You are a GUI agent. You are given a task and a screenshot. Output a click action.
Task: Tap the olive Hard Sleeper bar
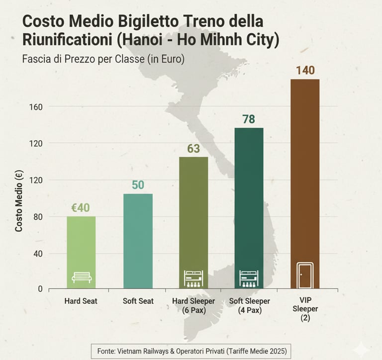[x=193, y=219]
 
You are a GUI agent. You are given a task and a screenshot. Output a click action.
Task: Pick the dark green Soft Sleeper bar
[x=249, y=204]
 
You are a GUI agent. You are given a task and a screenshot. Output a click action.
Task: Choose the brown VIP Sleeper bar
[x=305, y=174]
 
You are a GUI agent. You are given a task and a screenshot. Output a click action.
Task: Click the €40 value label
[x=81, y=208]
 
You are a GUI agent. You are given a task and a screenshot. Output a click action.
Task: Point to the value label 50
[x=138, y=185]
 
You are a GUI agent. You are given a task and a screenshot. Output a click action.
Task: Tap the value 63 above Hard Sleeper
[x=193, y=149]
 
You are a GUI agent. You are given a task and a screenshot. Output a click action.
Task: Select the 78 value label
[x=249, y=119]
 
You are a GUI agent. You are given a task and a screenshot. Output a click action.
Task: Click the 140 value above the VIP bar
[x=305, y=70]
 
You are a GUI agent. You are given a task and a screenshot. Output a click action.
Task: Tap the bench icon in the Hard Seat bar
[x=82, y=277]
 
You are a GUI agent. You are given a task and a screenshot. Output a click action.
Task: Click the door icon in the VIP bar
[x=305, y=275]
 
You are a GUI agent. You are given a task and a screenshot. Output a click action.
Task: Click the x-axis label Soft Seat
[x=138, y=301]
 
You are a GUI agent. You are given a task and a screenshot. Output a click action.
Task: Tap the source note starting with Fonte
[x=191, y=351]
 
